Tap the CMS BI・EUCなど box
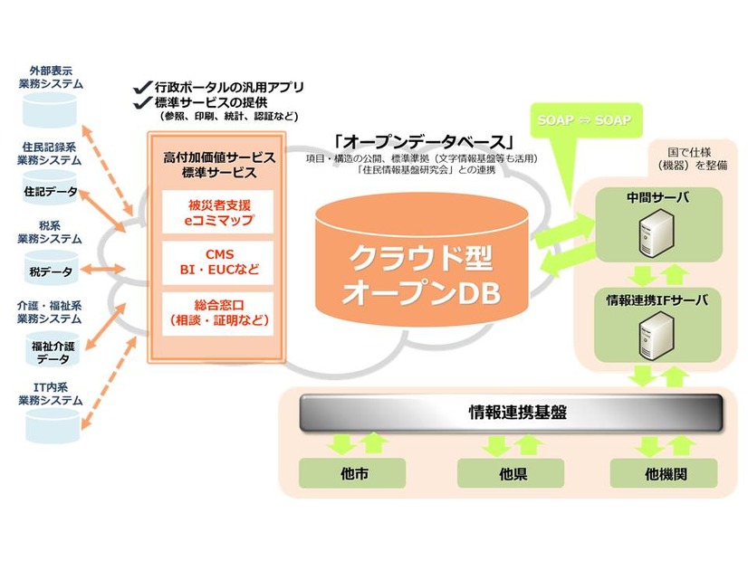coord(217,261)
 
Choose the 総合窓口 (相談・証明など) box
coord(217,312)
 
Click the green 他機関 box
coord(664,472)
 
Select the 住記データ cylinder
coord(51,191)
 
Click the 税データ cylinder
coord(51,269)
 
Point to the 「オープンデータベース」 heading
coord(423,142)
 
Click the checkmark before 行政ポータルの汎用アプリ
coord(141,87)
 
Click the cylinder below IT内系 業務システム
coord(51,421)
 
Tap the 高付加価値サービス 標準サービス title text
coord(217,164)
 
